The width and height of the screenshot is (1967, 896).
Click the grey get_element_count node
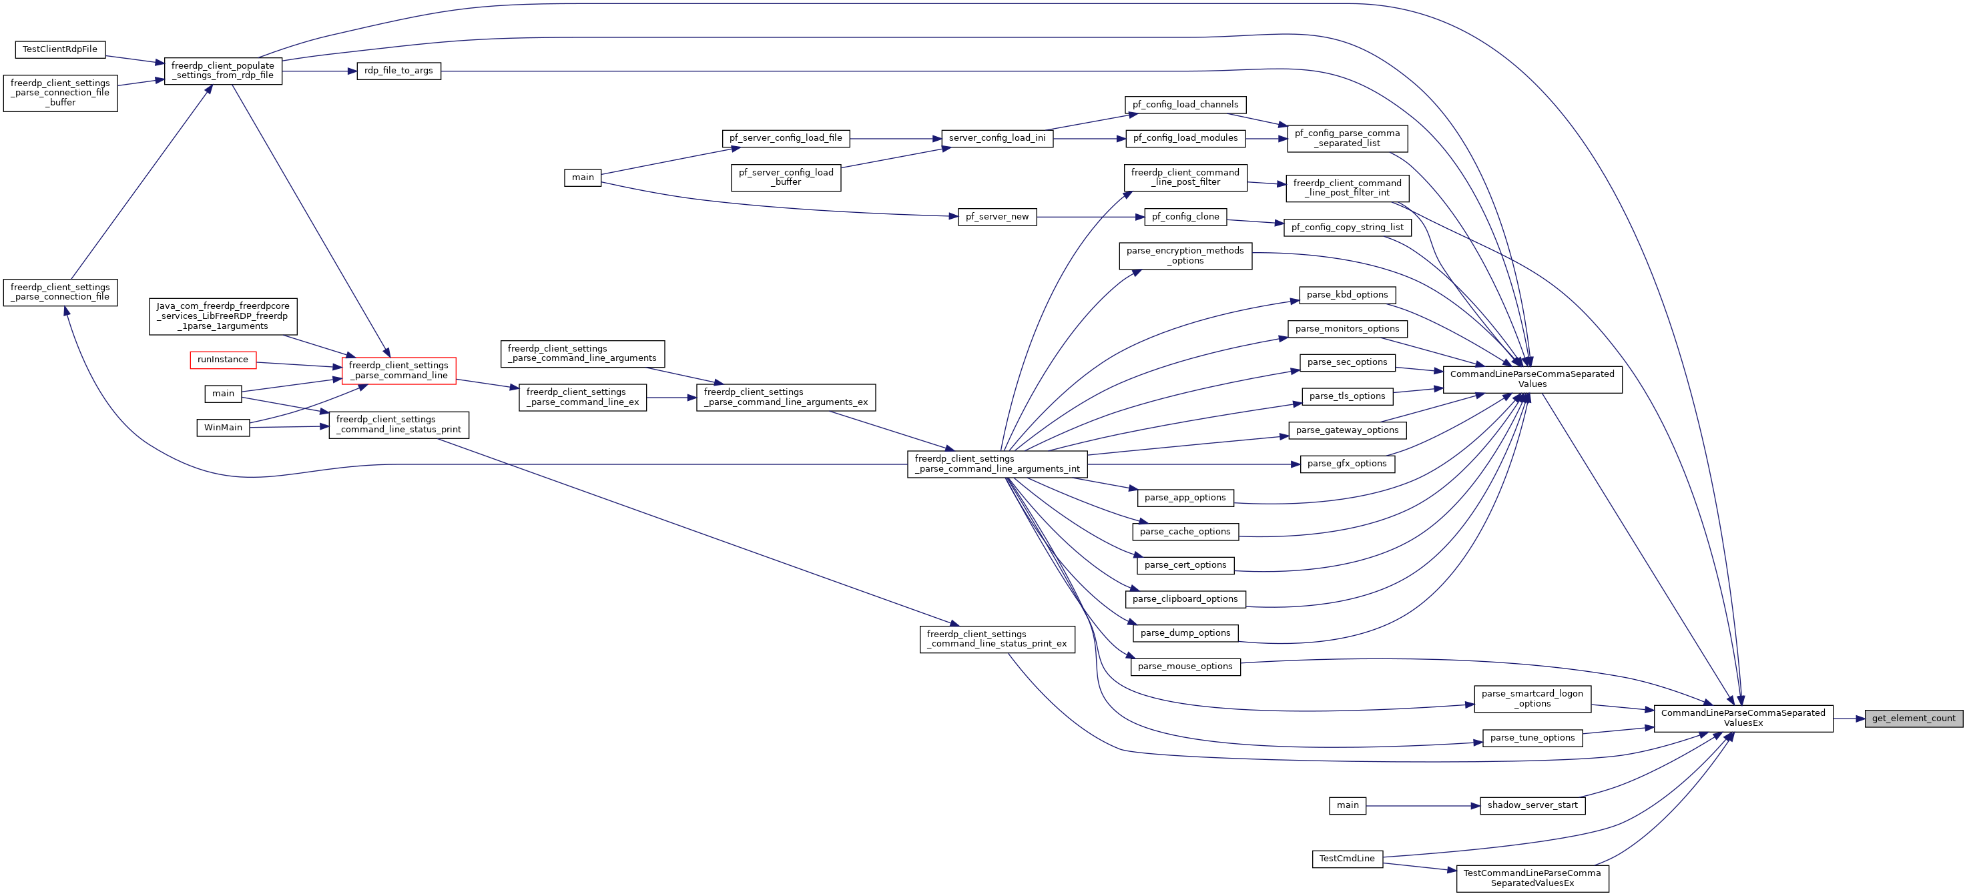[1914, 718]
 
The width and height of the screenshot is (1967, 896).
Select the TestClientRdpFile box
[60, 49]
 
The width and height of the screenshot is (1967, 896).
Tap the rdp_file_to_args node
[398, 71]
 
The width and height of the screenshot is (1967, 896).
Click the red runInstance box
[223, 360]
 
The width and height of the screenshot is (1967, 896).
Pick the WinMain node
[223, 428]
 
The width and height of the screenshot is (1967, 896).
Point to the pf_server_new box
[997, 217]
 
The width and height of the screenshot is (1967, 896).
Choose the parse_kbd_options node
[1347, 296]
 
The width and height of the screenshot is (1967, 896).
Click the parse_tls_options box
[1347, 396]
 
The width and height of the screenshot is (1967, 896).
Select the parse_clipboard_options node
[1185, 599]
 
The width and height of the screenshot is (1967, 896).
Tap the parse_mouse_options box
[1185, 666]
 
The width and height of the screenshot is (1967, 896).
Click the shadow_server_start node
[1532, 805]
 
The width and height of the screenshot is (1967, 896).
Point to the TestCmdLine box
[1347, 859]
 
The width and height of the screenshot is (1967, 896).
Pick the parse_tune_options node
[1532, 738]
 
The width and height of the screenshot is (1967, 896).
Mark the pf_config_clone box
[1185, 217]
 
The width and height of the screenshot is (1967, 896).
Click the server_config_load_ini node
[997, 138]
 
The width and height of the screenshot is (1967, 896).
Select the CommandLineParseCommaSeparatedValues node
[1532, 380]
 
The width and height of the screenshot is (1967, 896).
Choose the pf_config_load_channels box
[1185, 105]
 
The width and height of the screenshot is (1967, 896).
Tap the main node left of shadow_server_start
[1348, 805]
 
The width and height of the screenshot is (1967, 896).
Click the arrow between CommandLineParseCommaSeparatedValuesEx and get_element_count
[1850, 718]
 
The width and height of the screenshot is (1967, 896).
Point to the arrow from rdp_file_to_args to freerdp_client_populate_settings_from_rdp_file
[319, 71]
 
